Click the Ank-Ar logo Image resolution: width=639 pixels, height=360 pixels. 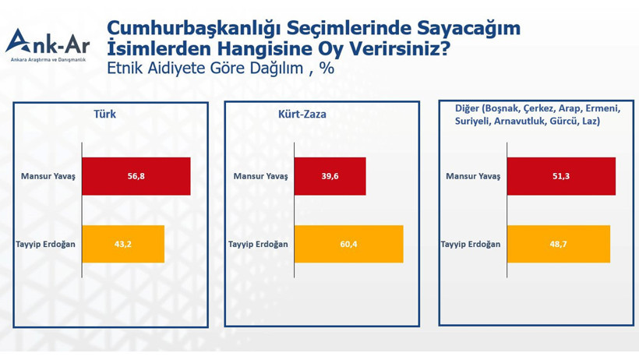[x=48, y=45]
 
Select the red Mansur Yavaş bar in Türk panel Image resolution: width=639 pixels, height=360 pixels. [x=136, y=176]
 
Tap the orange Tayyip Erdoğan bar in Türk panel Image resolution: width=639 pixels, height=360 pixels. [x=122, y=244]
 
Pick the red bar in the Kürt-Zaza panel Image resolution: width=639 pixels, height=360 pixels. [x=330, y=176]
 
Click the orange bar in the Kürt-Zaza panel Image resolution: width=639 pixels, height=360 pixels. [x=348, y=244]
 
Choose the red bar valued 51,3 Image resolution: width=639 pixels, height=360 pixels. [x=561, y=176]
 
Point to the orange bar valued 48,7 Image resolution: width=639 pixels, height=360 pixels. [x=558, y=244]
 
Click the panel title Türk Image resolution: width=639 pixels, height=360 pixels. [x=104, y=115]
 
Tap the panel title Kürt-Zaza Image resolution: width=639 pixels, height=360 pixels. [x=302, y=115]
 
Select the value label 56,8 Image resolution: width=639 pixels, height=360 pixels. [x=136, y=176]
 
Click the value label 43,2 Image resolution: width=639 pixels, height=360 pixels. [x=122, y=244]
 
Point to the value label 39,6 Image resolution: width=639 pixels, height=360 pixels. [x=330, y=176]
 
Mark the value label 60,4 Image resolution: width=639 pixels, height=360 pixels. [x=348, y=244]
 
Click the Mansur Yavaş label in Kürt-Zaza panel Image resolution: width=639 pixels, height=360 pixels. [x=260, y=176]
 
